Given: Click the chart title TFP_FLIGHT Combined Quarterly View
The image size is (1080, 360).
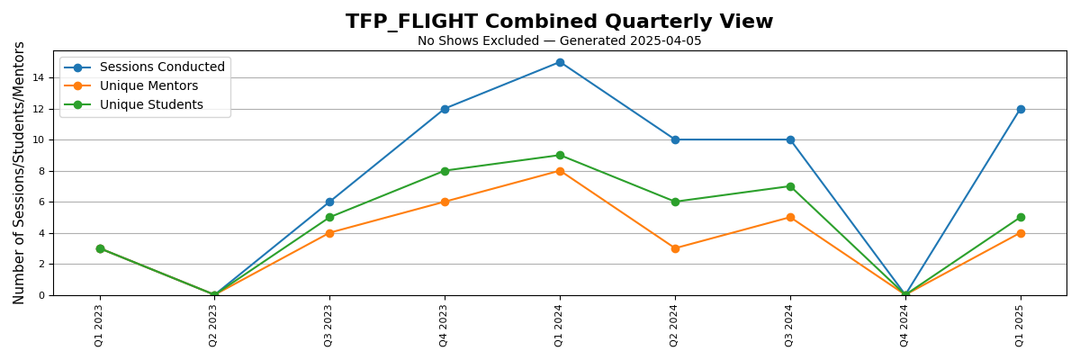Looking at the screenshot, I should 559,22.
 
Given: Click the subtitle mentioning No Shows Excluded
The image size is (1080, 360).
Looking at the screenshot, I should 559,41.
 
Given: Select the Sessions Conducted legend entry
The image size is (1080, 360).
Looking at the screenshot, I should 162,67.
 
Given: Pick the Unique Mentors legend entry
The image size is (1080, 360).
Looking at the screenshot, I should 148,86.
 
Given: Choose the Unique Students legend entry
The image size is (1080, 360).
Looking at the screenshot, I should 151,105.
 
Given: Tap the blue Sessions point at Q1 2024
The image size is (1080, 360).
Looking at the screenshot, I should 560,62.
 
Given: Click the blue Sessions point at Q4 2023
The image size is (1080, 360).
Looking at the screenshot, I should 445,109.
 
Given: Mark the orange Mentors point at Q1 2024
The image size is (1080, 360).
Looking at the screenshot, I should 560,171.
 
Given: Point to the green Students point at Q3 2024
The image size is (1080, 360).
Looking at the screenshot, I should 790,186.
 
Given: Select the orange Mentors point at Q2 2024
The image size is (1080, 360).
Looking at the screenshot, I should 675,248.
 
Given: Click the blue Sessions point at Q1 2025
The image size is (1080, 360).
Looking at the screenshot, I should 1021,109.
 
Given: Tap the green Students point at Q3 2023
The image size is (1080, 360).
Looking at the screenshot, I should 329,217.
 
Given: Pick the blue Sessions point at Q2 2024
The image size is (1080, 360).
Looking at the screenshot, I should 675,139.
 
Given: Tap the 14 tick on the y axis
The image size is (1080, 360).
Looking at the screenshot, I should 39,78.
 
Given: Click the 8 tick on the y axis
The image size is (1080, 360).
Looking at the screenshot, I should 41,171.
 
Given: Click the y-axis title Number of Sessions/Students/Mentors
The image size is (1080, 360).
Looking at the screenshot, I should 20,172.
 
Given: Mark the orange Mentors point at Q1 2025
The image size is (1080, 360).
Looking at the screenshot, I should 1021,233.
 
